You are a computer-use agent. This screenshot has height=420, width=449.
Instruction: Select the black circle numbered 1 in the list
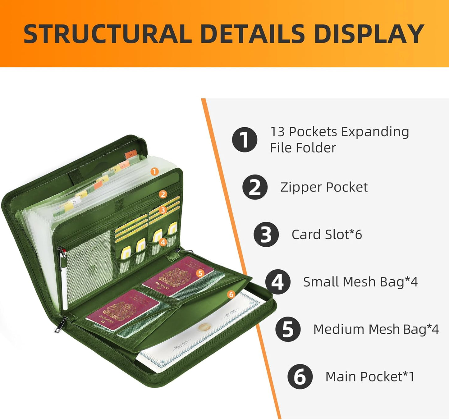tap(245, 139)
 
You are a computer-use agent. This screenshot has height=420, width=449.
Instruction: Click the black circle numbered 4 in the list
tap(278, 282)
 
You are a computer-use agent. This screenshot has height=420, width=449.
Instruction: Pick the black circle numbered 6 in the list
tap(300, 377)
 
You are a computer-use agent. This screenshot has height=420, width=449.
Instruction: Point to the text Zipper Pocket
tap(324, 187)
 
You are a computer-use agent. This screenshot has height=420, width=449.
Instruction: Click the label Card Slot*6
tap(327, 235)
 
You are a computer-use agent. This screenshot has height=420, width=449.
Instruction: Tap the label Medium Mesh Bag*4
tap(376, 329)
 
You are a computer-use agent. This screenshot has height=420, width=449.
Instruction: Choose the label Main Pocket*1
tap(370, 377)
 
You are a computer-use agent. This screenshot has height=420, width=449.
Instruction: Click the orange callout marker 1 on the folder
tap(154, 171)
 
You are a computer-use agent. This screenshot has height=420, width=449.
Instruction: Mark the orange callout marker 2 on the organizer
tap(163, 194)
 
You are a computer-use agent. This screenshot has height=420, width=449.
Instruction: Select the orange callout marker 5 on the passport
tap(200, 273)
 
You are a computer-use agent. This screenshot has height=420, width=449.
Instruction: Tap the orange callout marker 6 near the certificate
tap(231, 294)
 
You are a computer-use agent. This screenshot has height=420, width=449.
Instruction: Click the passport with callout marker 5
tap(177, 276)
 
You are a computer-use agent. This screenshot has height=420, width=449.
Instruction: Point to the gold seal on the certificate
tap(204, 327)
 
